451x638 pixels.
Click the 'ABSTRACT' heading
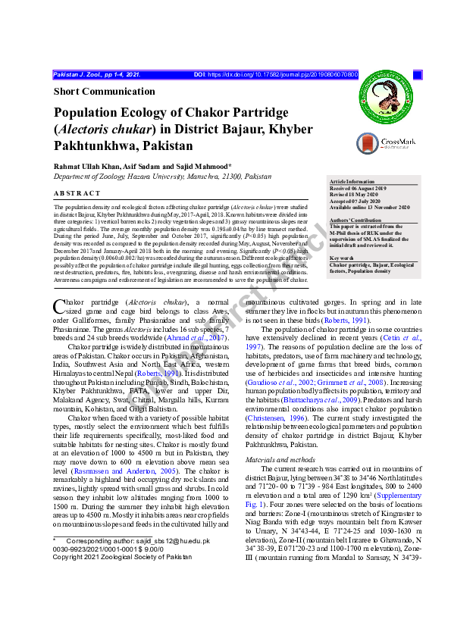77,193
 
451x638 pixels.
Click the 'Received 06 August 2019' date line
362,189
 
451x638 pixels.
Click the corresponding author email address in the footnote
183,542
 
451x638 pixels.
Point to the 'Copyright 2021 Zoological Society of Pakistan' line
122,557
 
